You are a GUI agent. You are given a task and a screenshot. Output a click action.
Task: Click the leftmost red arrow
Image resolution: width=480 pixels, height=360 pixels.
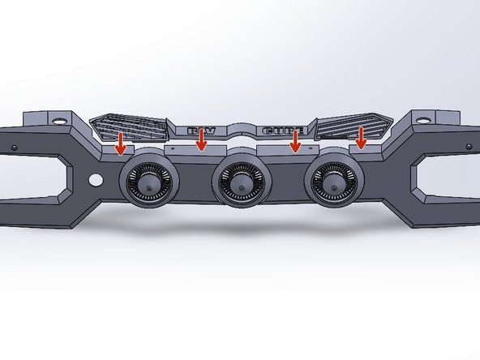(x=121, y=143)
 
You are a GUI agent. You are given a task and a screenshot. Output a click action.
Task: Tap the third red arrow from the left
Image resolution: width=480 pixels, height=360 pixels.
(x=296, y=140)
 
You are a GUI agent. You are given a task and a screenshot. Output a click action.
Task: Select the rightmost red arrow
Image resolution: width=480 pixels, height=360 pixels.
(x=362, y=140)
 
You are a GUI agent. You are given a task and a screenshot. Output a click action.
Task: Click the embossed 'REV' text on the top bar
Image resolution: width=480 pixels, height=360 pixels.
(x=204, y=131)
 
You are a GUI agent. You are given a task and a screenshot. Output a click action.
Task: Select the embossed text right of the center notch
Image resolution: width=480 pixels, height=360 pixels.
(x=278, y=131)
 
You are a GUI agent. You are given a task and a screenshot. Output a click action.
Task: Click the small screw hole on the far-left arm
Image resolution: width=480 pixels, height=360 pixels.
(x=14, y=148)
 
